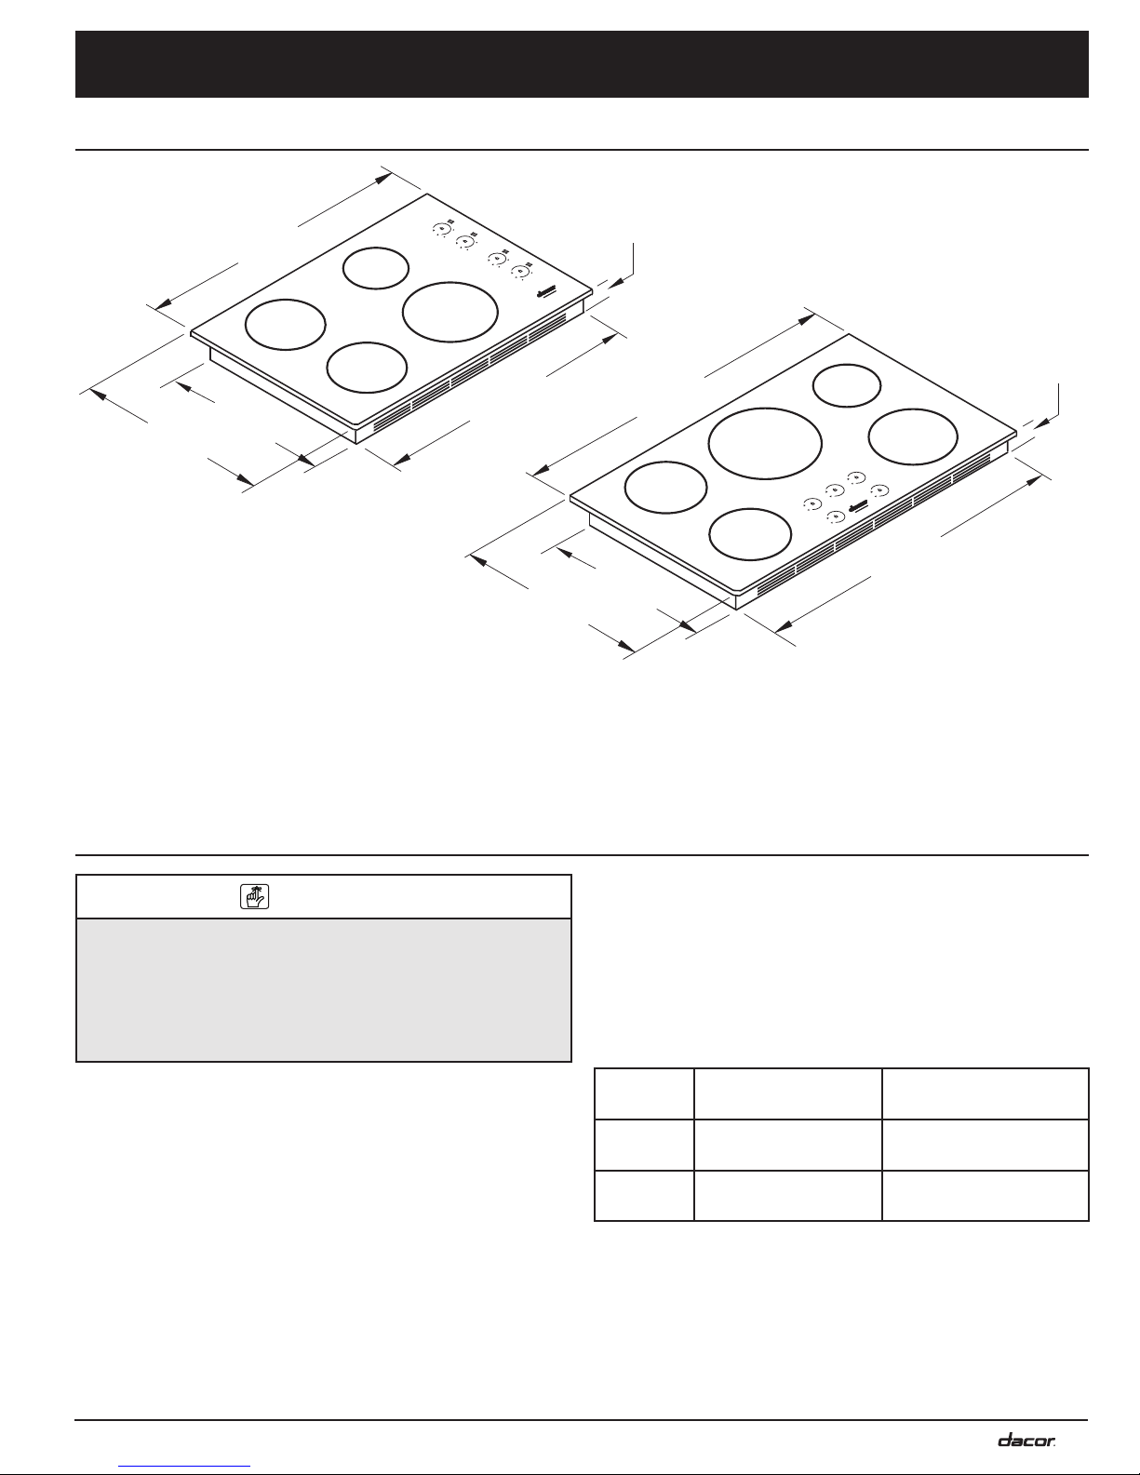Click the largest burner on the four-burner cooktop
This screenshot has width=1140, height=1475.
(x=449, y=282)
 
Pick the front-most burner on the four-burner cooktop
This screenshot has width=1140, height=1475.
(x=367, y=342)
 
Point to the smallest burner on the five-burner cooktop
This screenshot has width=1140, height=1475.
(x=847, y=365)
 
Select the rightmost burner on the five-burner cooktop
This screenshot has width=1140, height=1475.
(x=913, y=409)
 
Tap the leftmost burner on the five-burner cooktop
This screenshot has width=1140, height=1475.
(x=665, y=463)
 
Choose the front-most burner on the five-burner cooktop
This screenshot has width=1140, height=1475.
(x=750, y=509)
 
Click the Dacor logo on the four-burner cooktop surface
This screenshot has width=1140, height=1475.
(x=546, y=292)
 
